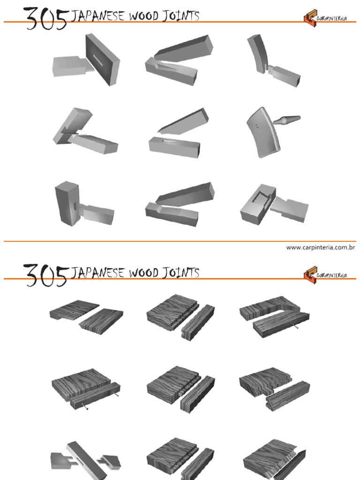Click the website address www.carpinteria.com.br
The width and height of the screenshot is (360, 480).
(320, 247)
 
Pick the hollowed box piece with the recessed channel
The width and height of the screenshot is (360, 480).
(256, 205)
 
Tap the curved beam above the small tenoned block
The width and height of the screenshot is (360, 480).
(257, 53)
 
